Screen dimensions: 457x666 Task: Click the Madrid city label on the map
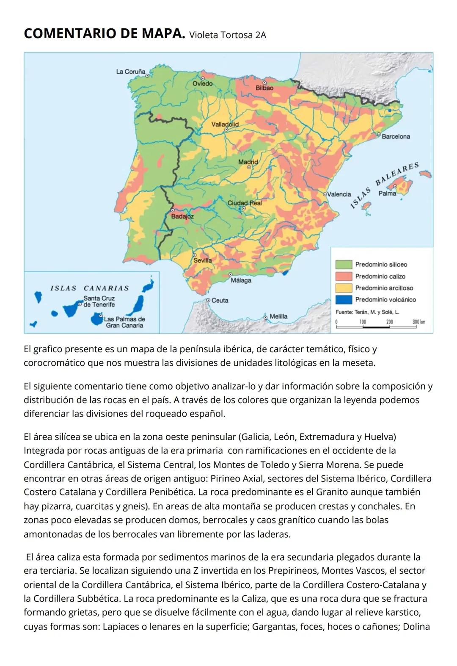(248, 162)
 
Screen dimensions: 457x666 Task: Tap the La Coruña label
(130, 72)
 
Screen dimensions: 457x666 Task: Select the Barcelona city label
(396, 137)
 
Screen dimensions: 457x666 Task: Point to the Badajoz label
(182, 216)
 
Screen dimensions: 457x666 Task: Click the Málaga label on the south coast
(241, 280)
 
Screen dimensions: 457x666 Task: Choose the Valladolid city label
(225, 124)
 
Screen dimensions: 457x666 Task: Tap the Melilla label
(278, 316)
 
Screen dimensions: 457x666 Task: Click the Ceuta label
(220, 300)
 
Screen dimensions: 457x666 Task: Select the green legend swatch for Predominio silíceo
(343, 265)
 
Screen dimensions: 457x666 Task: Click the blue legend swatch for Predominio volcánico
(343, 300)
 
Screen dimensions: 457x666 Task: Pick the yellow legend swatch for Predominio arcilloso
(343, 288)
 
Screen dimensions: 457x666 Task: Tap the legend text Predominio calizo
(380, 276)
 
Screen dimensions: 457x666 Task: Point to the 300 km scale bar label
(419, 322)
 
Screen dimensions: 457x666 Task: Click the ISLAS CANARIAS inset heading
(89, 288)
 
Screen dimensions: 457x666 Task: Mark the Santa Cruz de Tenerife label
(99, 301)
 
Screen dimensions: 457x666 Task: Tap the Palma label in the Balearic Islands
(387, 193)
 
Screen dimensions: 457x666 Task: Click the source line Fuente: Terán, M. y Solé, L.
(367, 312)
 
